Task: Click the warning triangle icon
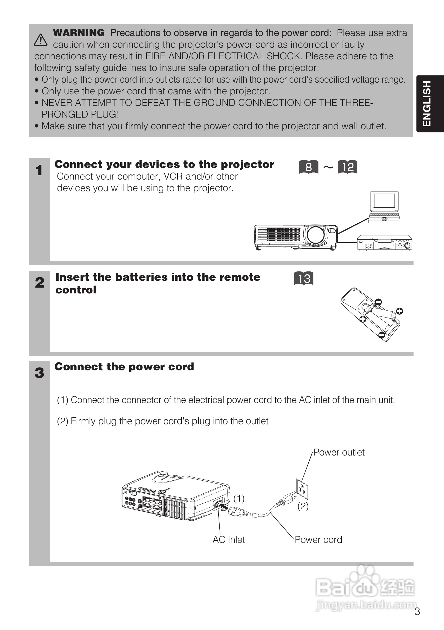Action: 41,40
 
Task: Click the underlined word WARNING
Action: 79,33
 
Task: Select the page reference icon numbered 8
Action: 309,167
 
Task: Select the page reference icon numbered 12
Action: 347,167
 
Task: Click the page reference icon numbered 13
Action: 304,279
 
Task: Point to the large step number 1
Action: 39,170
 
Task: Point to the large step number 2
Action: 39,283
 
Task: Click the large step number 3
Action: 39,373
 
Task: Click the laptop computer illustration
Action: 384,207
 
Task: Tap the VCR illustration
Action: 384,243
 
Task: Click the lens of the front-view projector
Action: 316,235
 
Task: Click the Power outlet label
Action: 339,453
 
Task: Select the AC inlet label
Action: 229,540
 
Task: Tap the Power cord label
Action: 318,540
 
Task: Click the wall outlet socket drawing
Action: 302,489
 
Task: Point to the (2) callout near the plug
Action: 303,506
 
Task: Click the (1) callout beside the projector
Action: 239,498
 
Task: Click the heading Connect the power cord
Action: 124,367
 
